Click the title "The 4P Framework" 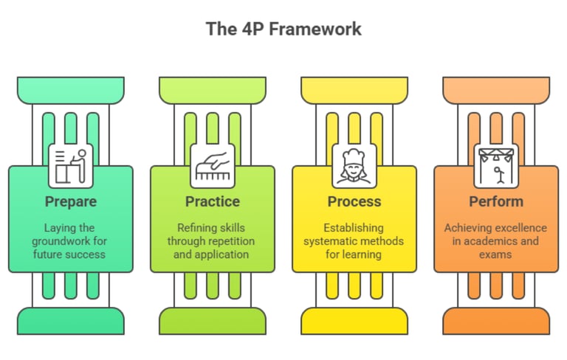[283, 30]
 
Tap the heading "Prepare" [71, 201]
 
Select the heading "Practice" [213, 201]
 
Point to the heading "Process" [354, 201]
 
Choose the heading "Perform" [496, 201]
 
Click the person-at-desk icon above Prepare [71, 165]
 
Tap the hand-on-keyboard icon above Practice [213, 165]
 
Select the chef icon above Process [354, 165]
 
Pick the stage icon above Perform [496, 165]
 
